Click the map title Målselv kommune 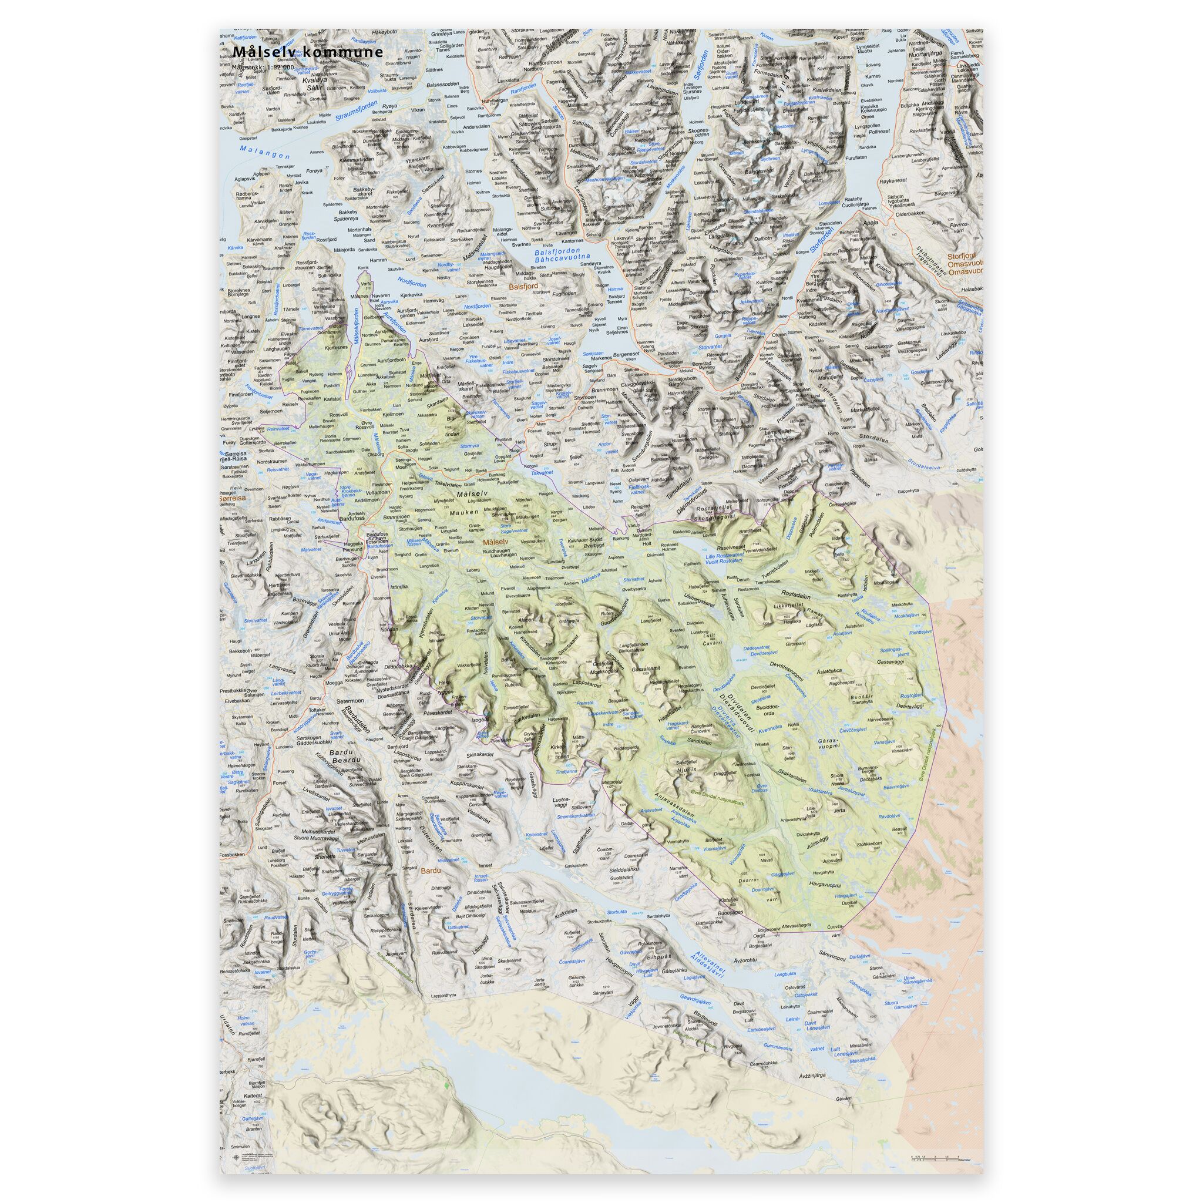tap(308, 52)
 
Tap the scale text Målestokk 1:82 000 tap(261, 66)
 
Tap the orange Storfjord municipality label tap(964, 256)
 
